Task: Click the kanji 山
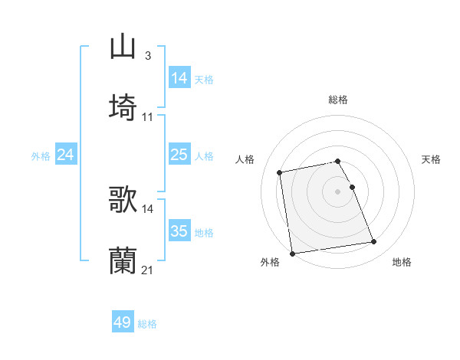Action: click(123, 46)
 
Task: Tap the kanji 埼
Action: click(123, 106)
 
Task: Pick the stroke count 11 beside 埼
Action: click(148, 116)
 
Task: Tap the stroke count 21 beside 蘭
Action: click(148, 270)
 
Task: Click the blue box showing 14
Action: click(179, 77)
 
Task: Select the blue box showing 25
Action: click(179, 155)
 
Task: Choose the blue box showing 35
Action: click(179, 231)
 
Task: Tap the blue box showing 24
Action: click(66, 155)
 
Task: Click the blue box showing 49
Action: click(123, 322)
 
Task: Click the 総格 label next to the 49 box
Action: click(147, 324)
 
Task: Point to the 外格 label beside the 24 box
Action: click(41, 156)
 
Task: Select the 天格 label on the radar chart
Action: click(432, 159)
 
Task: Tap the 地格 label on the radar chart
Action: click(402, 262)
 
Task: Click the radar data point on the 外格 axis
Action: click(292, 253)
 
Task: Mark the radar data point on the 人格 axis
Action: click(280, 172)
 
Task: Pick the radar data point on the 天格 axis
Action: click(352, 187)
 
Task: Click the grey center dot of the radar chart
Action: click(338, 191)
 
